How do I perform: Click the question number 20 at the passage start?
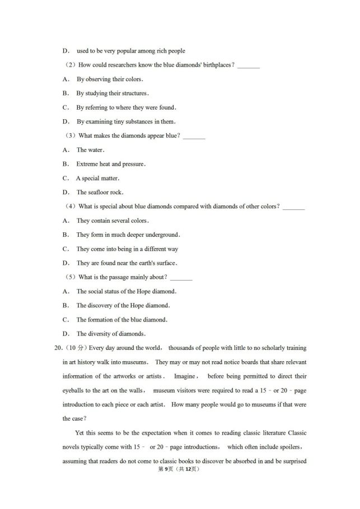[x=57, y=348]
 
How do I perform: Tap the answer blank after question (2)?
[x=249, y=66]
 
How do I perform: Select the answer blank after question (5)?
[x=181, y=277]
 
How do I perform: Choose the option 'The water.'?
[x=90, y=150]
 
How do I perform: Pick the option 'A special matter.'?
[x=98, y=178]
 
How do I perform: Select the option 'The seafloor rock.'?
[x=100, y=193]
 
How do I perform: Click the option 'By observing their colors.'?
[x=109, y=80]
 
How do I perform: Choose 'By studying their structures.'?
[x=112, y=94]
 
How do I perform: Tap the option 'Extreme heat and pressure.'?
[x=111, y=164]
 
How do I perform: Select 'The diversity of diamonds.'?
[x=111, y=334]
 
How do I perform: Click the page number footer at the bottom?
[x=180, y=469]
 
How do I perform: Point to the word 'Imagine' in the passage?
[x=185, y=376]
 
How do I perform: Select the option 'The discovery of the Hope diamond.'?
[x=123, y=306]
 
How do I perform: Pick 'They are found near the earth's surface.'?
[x=127, y=263]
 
